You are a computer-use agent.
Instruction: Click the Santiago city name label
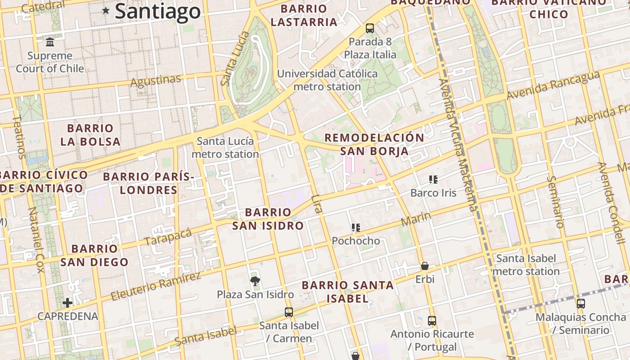[x=157, y=11]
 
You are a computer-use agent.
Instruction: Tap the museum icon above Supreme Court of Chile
[x=50, y=42]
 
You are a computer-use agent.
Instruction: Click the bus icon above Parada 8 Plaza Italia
[x=370, y=28]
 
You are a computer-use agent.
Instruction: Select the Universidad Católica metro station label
[x=327, y=80]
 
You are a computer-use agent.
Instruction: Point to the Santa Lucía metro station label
[x=225, y=148]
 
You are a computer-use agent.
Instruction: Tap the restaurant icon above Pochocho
[x=356, y=228]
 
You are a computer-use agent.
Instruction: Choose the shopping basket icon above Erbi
[x=424, y=266]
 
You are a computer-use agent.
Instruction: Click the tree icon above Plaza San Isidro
[x=255, y=282]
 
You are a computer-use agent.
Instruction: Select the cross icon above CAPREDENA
[x=67, y=303]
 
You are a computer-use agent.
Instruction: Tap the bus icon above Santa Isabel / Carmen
[x=289, y=312]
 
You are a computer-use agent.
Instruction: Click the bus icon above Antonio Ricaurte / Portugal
[x=432, y=321]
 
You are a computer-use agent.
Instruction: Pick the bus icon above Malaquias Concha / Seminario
[x=581, y=304]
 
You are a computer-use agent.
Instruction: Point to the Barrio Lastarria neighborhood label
[x=304, y=15]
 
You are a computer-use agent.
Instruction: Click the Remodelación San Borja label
[x=374, y=144]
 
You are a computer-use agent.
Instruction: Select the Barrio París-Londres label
[x=148, y=183]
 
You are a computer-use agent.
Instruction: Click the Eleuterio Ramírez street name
[x=156, y=286]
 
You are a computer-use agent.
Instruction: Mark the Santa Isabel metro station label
[x=526, y=265]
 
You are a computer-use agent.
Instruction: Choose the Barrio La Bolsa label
[x=90, y=135]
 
